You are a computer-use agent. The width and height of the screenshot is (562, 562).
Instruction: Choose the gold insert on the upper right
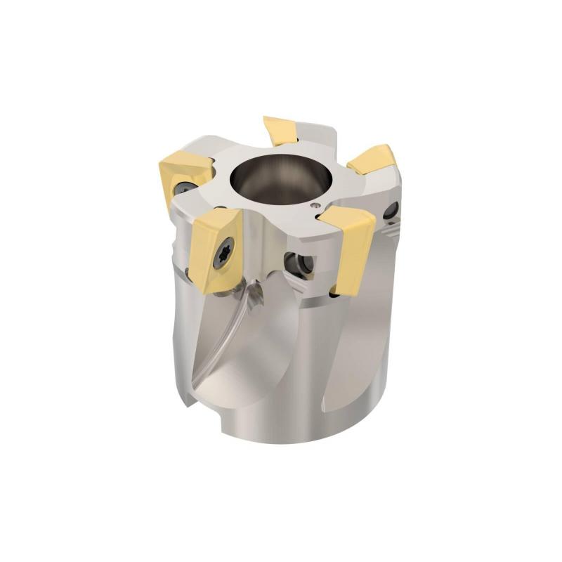click(374, 161)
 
